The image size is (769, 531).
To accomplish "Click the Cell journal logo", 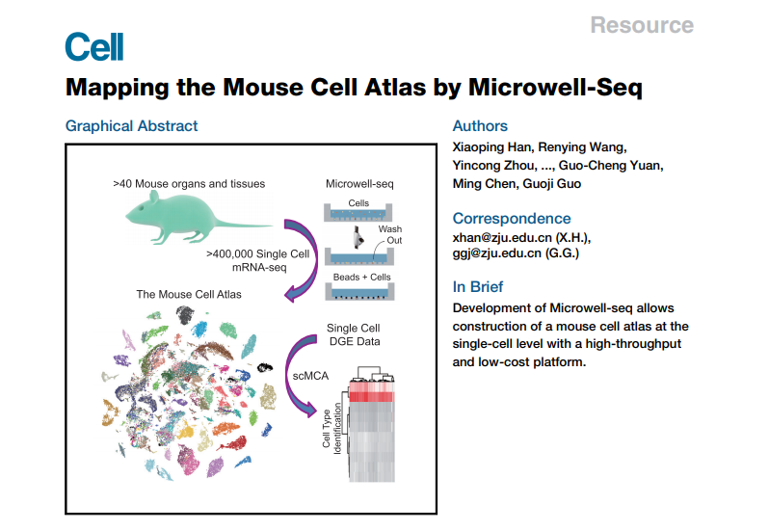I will tap(93, 46).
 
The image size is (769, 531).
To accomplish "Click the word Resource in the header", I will tap(641, 25).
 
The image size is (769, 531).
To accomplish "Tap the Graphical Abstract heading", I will tap(131, 126).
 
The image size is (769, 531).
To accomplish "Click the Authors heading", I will tap(480, 126).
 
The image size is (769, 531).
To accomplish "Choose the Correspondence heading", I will tap(511, 218).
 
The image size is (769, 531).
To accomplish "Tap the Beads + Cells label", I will tap(359, 276).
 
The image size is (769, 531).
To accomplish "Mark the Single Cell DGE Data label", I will tap(353, 334).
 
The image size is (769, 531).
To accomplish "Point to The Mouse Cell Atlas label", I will tap(189, 294).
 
